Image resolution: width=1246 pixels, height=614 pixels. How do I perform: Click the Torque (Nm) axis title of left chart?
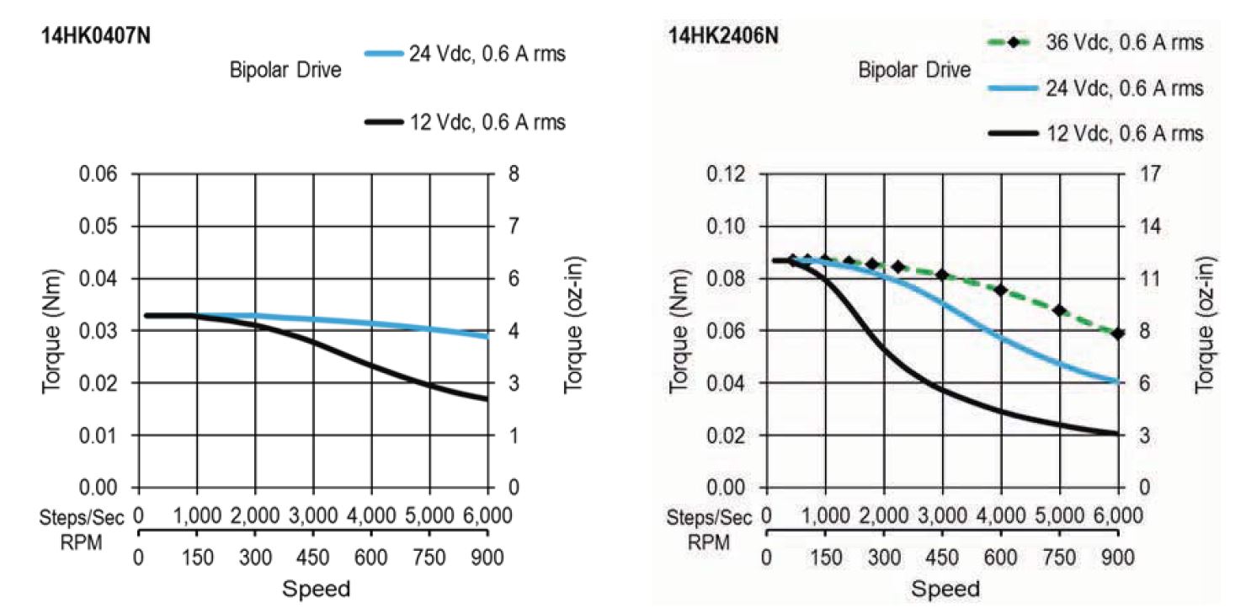[x=52, y=331]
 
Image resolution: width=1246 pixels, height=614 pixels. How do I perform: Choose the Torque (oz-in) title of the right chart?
[x=1206, y=331]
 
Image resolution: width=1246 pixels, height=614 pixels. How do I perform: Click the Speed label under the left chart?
[x=316, y=588]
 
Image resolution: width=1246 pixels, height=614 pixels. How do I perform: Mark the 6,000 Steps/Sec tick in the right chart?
[x=1116, y=515]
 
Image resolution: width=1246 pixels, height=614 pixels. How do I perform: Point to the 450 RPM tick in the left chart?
[x=313, y=557]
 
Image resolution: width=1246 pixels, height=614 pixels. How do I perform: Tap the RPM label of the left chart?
[x=82, y=542]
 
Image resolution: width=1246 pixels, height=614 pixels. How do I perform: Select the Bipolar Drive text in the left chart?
[x=286, y=71]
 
